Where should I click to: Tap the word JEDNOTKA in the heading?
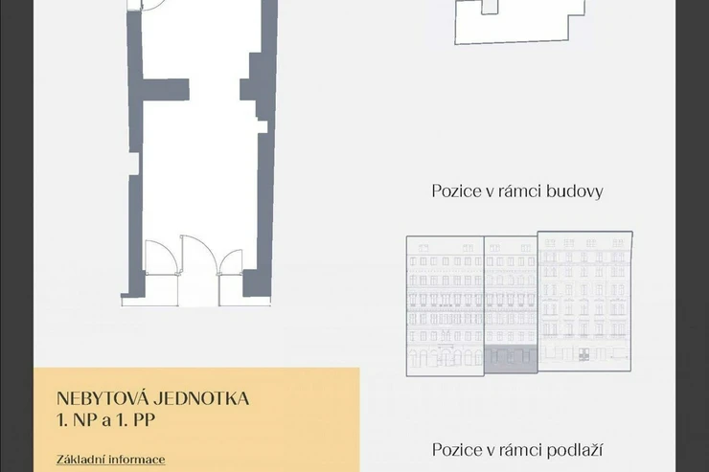coord(201,399)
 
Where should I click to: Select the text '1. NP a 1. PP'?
coord(105,420)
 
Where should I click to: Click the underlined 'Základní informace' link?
coord(111,460)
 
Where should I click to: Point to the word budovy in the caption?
coord(574,191)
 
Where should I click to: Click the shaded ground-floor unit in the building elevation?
coord(511,360)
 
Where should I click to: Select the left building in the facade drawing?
coord(446,305)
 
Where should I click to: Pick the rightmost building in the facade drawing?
coord(584,302)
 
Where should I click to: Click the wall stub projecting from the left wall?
coord(166,88)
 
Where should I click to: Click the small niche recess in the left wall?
coord(134,164)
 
